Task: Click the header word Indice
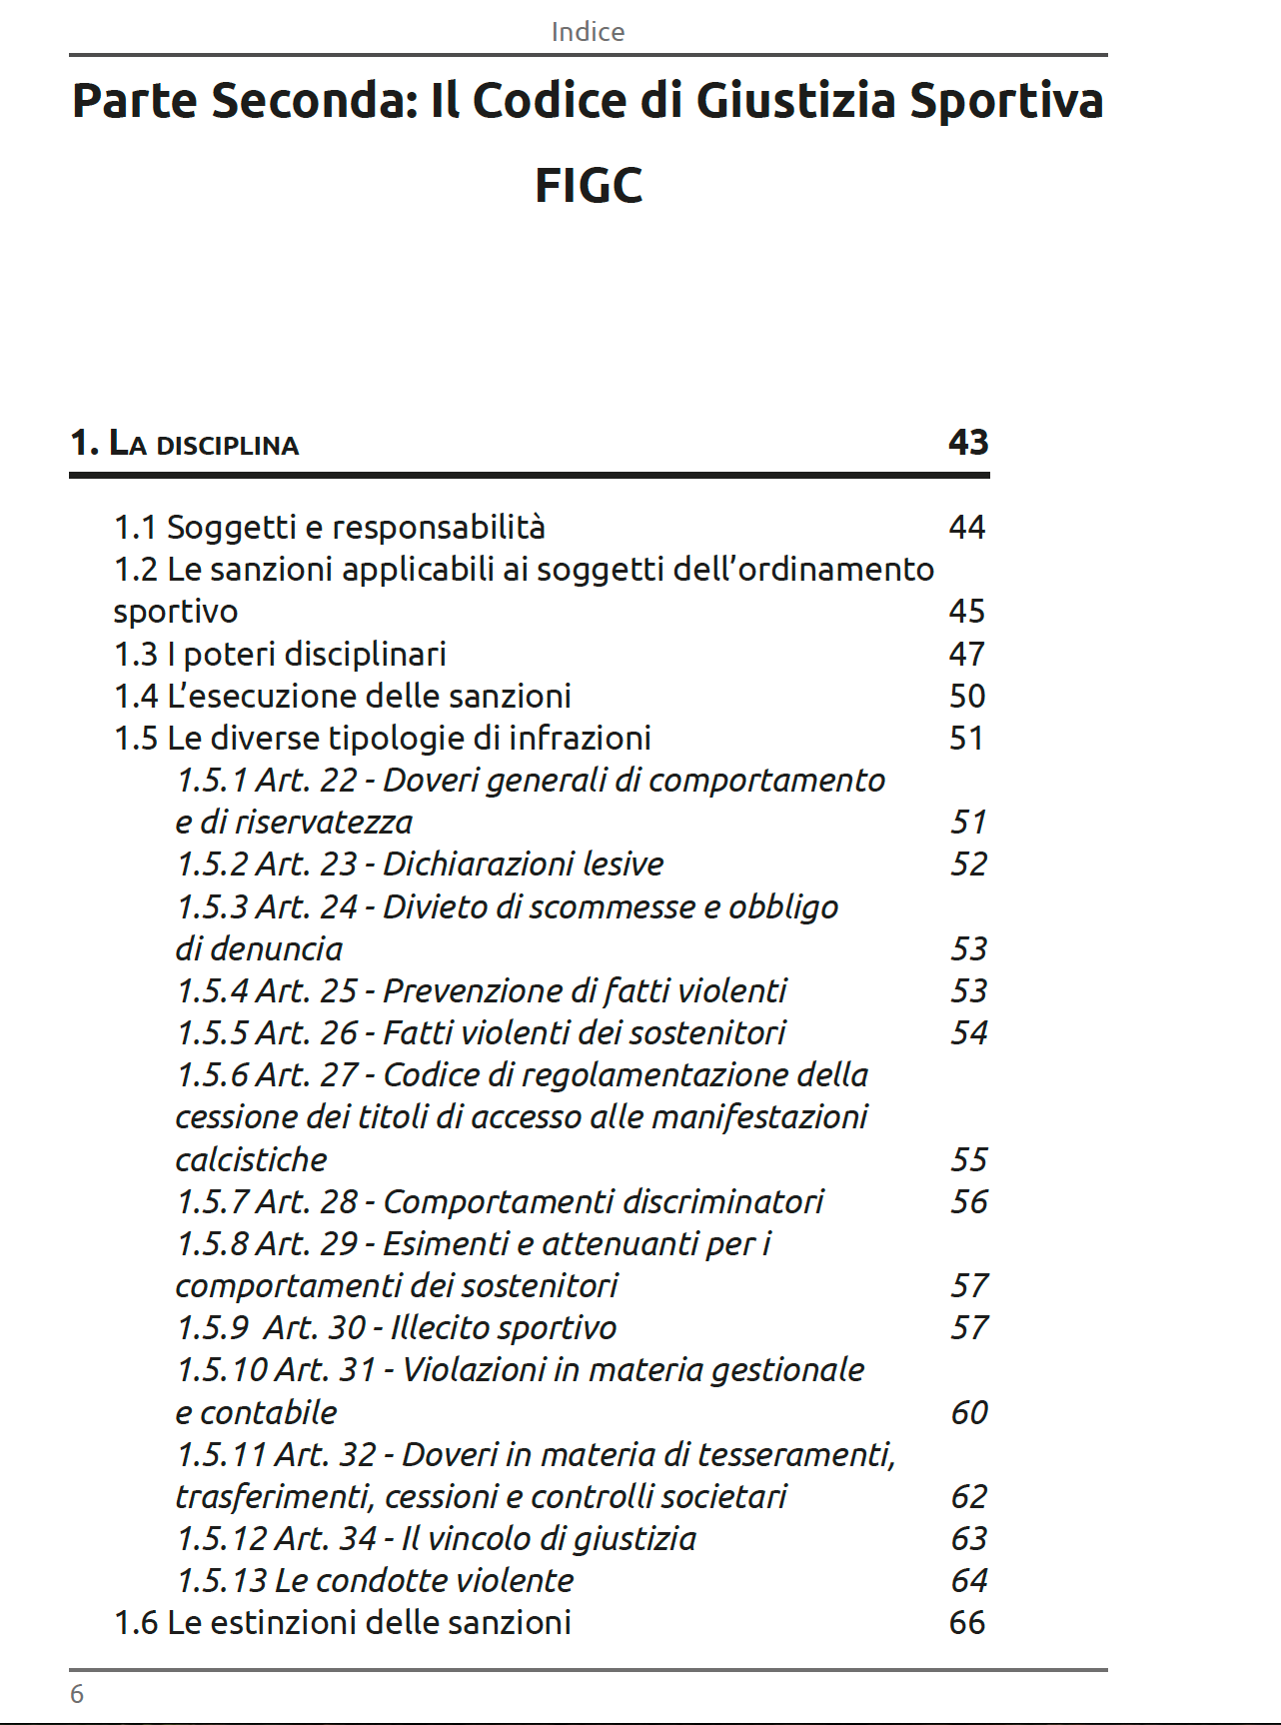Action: (x=588, y=32)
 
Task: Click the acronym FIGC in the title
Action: (x=589, y=186)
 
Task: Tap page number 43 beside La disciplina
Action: (x=967, y=442)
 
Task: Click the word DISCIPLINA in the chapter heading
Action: (x=228, y=446)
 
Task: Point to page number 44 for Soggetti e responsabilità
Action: (x=966, y=527)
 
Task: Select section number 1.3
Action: (x=136, y=654)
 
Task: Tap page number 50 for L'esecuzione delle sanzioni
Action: (x=966, y=696)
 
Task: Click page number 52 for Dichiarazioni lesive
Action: (x=968, y=863)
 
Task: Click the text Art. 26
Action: (x=307, y=1032)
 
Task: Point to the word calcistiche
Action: (x=251, y=1159)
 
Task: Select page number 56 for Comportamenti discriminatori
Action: (x=968, y=1201)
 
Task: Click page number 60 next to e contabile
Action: (x=968, y=1412)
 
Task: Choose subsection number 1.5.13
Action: (x=222, y=1580)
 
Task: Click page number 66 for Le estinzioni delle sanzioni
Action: (x=966, y=1622)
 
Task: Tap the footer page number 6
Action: (x=77, y=1693)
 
